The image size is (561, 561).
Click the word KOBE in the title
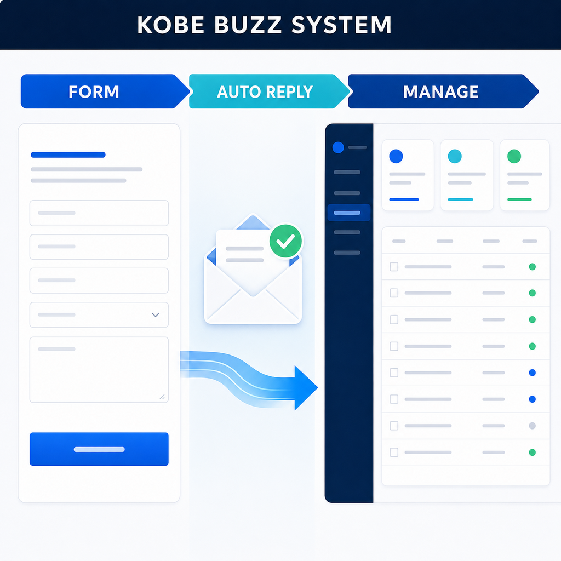pos(170,25)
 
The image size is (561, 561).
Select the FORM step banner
pos(105,91)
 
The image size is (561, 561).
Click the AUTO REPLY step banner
pos(269,91)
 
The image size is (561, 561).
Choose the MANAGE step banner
pos(443,91)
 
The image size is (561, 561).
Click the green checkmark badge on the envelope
pos(285,241)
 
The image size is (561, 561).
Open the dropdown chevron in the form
pos(155,315)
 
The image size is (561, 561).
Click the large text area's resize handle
pos(162,397)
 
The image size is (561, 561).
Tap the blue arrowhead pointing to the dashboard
pos(306,388)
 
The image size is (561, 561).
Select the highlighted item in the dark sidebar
pos(348,213)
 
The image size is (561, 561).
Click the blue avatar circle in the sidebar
pos(338,147)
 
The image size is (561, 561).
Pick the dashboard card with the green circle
pos(524,175)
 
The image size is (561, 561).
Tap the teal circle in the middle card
pos(455,156)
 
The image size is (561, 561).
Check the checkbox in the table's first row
pos(394,267)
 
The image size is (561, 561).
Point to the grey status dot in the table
pos(533,426)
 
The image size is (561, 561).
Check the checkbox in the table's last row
pos(394,452)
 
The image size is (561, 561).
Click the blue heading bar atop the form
pos(68,154)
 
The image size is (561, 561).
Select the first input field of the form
pos(99,213)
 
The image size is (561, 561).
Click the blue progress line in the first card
pos(404,199)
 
